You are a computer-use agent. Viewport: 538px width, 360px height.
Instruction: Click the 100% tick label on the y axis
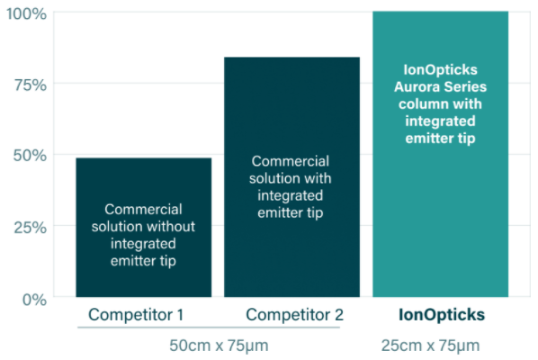(x=26, y=14)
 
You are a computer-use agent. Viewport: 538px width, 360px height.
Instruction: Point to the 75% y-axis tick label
(x=31, y=85)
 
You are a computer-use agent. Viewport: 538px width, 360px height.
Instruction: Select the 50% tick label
(x=30, y=156)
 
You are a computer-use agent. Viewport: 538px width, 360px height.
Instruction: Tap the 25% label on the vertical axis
(x=31, y=228)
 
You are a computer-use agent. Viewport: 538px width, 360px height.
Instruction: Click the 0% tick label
(x=35, y=300)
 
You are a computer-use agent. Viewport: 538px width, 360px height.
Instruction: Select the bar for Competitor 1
(x=144, y=228)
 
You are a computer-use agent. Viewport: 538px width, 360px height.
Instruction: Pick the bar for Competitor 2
(x=292, y=177)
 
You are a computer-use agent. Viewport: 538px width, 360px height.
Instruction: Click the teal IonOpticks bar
(x=441, y=154)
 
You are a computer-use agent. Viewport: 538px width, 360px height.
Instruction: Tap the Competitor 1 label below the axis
(x=136, y=315)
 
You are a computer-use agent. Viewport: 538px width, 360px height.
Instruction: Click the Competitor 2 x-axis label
(x=295, y=315)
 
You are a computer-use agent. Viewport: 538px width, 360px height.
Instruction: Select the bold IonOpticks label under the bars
(x=442, y=315)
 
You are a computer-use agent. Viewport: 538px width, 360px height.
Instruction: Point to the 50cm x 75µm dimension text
(x=219, y=346)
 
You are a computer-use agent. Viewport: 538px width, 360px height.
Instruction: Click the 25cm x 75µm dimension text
(x=431, y=346)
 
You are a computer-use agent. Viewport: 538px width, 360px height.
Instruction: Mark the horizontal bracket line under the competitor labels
(x=209, y=328)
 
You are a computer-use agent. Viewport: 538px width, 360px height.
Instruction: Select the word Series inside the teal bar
(x=464, y=86)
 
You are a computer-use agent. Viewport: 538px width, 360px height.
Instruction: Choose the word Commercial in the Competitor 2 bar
(x=291, y=161)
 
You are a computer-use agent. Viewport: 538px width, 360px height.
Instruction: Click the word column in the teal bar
(x=419, y=104)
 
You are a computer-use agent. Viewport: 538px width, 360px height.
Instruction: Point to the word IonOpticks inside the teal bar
(x=441, y=70)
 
